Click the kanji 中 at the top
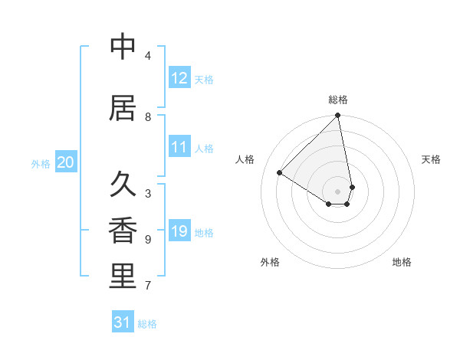[123, 47]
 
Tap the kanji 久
[123, 185]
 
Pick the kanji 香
[123, 231]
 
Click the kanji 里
[123, 277]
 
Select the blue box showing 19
[179, 231]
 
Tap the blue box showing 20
[66, 162]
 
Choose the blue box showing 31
[123, 322]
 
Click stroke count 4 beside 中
[148, 56]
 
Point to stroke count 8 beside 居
[148, 117]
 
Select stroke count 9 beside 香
[148, 240]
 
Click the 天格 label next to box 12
[204, 80]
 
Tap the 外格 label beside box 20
[41, 164]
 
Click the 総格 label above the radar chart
[338, 100]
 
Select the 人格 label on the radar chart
[245, 159]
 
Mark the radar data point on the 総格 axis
[338, 116]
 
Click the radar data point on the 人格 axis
[280, 173]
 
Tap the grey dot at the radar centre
[338, 191]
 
